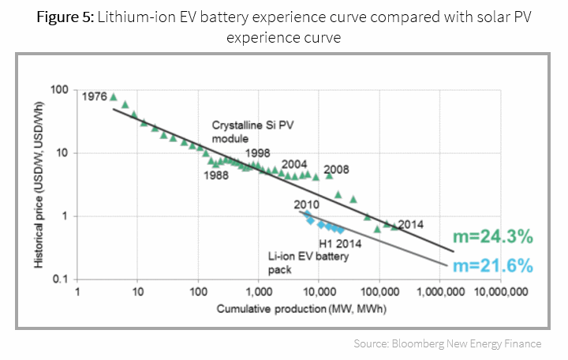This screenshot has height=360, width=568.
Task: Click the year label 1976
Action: coord(94,96)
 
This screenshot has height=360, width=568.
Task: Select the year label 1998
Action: coord(259,153)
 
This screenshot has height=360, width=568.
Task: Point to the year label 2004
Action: coord(294,163)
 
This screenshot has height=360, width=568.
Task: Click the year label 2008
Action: coord(336,169)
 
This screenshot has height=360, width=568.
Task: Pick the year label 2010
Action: coord(306,204)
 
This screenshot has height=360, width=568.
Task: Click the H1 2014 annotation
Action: coord(342,244)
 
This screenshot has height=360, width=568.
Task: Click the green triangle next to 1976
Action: coord(114,97)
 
